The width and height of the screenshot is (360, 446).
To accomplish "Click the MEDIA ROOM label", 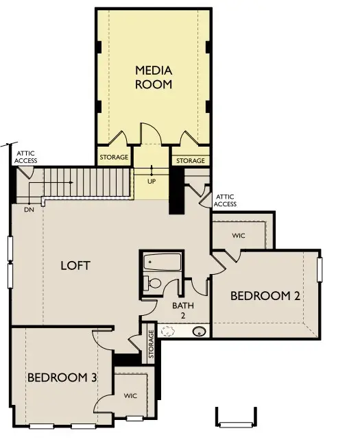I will tap(153, 77).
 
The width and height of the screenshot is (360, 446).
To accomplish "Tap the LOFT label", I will tap(75, 265).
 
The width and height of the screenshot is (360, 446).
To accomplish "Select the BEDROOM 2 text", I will tap(265, 296).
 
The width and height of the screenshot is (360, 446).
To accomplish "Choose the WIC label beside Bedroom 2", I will tap(238, 236).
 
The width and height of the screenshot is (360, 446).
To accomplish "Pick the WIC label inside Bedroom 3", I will tap(130, 396).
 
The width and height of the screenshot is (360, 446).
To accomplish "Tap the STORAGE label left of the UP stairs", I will tap(114, 158).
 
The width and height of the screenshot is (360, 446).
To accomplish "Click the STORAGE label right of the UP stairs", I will tap(190, 161).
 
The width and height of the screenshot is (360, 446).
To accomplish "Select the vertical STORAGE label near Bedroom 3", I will tap(151, 345).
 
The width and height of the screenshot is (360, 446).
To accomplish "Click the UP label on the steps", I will tap(152, 182).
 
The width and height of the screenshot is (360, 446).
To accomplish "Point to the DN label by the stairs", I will tap(29, 209).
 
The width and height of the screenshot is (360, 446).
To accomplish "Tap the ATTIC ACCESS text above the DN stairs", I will tap(27, 157).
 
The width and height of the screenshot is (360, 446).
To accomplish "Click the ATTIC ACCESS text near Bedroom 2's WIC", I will tap(225, 200).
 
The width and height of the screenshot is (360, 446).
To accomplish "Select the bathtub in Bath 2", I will tap(162, 262).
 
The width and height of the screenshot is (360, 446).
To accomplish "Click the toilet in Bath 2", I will tap(154, 283).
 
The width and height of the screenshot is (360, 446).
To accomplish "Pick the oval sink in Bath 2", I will tap(200, 332).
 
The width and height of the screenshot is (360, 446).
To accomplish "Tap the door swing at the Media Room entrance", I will tap(149, 134).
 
